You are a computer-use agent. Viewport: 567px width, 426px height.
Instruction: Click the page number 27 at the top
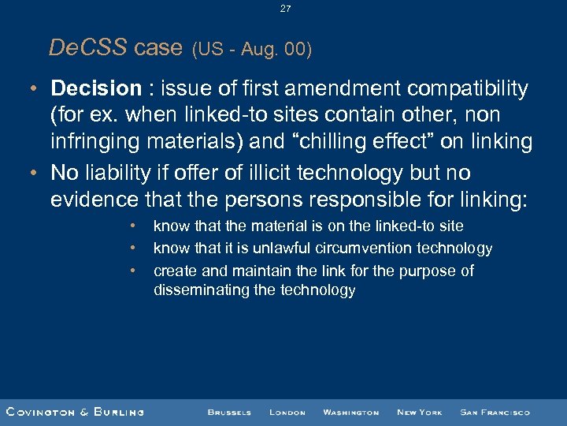point(284,9)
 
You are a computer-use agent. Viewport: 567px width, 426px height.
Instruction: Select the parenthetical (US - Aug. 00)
point(252,50)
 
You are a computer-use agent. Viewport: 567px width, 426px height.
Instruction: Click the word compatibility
point(463,88)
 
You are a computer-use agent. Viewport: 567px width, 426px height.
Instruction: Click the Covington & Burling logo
point(75,412)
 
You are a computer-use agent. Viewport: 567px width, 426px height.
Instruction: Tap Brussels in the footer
point(229,412)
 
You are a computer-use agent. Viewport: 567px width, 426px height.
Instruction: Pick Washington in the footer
point(350,412)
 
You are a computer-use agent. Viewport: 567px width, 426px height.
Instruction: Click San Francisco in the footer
point(495,412)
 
